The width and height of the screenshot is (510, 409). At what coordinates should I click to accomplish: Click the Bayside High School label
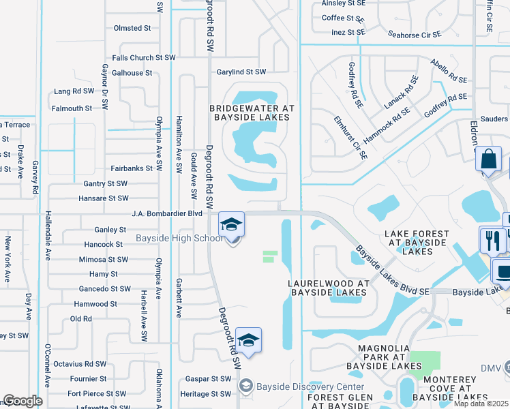(179, 238)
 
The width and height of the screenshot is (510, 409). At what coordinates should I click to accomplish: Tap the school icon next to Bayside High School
(231, 224)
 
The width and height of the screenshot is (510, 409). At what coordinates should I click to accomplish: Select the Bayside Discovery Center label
(310, 387)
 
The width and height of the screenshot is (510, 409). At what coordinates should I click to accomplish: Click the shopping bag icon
(488, 161)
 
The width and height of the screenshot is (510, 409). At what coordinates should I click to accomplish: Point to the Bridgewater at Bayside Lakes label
(252, 112)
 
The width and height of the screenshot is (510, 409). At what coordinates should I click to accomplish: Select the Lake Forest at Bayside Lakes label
(417, 242)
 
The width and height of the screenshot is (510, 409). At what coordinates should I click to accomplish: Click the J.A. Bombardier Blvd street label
(168, 213)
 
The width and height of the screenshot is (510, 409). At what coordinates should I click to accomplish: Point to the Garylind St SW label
(241, 72)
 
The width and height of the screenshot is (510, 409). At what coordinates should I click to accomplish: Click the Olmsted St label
(132, 28)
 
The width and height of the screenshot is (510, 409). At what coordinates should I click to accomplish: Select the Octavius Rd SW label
(79, 365)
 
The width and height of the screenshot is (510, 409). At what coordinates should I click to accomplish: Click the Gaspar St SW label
(209, 379)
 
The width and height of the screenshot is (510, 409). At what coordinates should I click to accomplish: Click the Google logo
(22, 401)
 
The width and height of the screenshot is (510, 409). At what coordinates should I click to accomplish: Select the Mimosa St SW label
(103, 259)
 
